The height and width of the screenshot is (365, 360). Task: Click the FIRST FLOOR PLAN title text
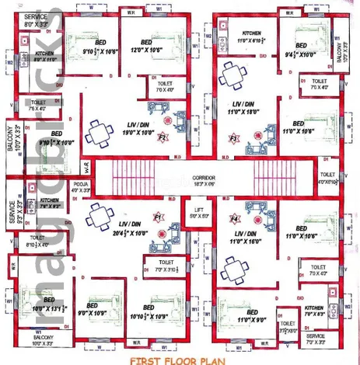tap(177, 360)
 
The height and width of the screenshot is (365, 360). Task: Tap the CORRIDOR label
tap(209, 179)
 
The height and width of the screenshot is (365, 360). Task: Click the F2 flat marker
tap(163, 137)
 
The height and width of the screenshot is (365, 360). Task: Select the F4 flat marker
tap(234, 221)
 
